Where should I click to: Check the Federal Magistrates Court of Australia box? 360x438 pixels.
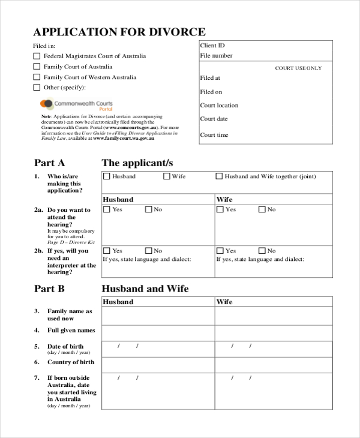[x=37, y=56]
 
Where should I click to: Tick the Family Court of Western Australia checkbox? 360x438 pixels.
[x=37, y=77]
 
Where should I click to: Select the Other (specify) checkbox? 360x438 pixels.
[x=37, y=88]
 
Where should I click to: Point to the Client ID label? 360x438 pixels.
[x=212, y=46]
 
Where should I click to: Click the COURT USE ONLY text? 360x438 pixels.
[x=298, y=68]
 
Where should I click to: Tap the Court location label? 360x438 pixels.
[x=219, y=106]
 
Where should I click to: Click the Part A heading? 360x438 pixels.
[x=49, y=163]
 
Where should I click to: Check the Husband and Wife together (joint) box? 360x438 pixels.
[x=219, y=176]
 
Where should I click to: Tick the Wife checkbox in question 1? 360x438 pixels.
[x=166, y=176]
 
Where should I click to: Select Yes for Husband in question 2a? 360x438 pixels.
[x=107, y=210]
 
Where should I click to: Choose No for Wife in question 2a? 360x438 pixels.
[x=262, y=210]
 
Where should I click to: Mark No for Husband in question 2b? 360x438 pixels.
[x=148, y=251]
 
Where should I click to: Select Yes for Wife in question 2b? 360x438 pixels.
[x=220, y=251]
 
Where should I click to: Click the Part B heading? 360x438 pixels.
[x=49, y=289]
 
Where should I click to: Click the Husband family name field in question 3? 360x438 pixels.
[x=158, y=316]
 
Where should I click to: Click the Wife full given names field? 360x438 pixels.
[x=274, y=333]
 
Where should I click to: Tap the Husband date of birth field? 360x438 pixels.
[x=158, y=349]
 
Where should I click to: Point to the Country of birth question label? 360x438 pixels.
[x=71, y=362]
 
